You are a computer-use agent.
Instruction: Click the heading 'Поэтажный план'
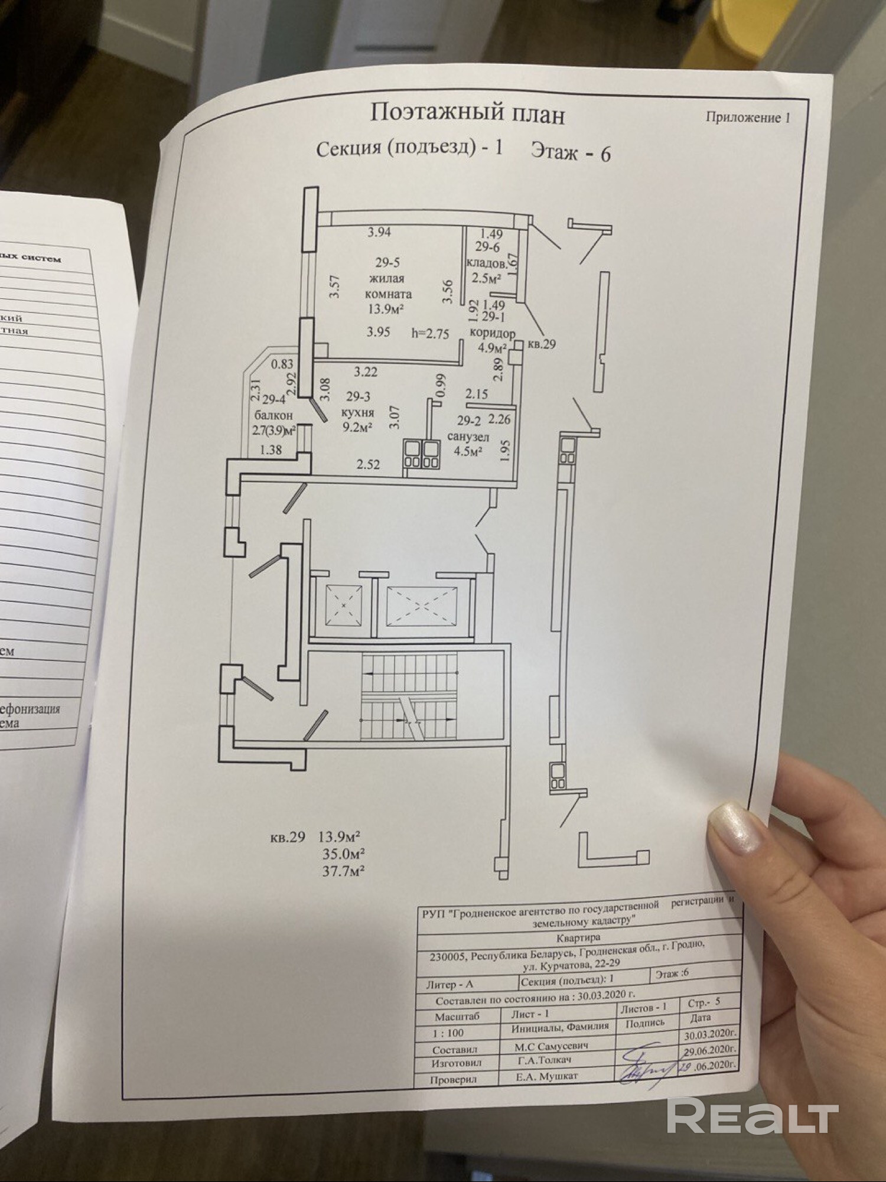click(x=467, y=113)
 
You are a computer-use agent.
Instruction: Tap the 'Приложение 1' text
click(x=748, y=118)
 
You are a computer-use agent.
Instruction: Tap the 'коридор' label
click(x=492, y=333)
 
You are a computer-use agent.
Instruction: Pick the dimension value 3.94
click(x=379, y=232)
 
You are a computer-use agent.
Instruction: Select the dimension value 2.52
click(x=368, y=465)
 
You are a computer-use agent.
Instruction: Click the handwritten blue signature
click(x=647, y=1067)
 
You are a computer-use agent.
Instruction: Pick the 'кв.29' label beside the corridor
click(x=541, y=344)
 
